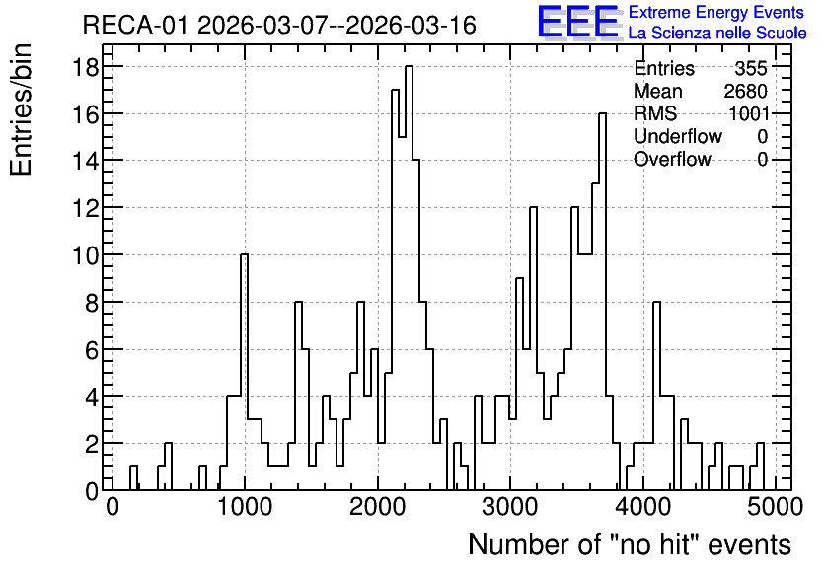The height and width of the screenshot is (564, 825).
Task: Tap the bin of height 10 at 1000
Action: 244,372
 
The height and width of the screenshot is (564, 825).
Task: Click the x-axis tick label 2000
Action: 378,508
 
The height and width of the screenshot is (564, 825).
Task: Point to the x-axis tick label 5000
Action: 776,508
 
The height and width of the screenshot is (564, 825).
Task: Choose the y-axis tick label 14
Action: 85,161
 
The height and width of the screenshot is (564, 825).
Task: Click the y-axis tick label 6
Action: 92,350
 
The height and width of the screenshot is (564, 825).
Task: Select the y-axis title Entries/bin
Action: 21,110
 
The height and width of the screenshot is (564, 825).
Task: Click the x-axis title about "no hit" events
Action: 630,544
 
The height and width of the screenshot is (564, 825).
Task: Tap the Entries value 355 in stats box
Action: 751,68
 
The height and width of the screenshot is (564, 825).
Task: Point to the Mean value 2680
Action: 745,91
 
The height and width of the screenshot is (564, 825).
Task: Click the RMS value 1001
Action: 749,113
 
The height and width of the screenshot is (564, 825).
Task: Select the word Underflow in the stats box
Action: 678,136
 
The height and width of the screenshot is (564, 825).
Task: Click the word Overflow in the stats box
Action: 672,159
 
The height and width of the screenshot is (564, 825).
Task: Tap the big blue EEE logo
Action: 578,22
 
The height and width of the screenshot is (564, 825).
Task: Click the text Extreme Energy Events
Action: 716,12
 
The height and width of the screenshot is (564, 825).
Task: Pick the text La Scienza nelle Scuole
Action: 717,33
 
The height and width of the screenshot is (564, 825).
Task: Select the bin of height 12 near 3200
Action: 533,348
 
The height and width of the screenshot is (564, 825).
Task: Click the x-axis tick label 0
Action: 112,508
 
